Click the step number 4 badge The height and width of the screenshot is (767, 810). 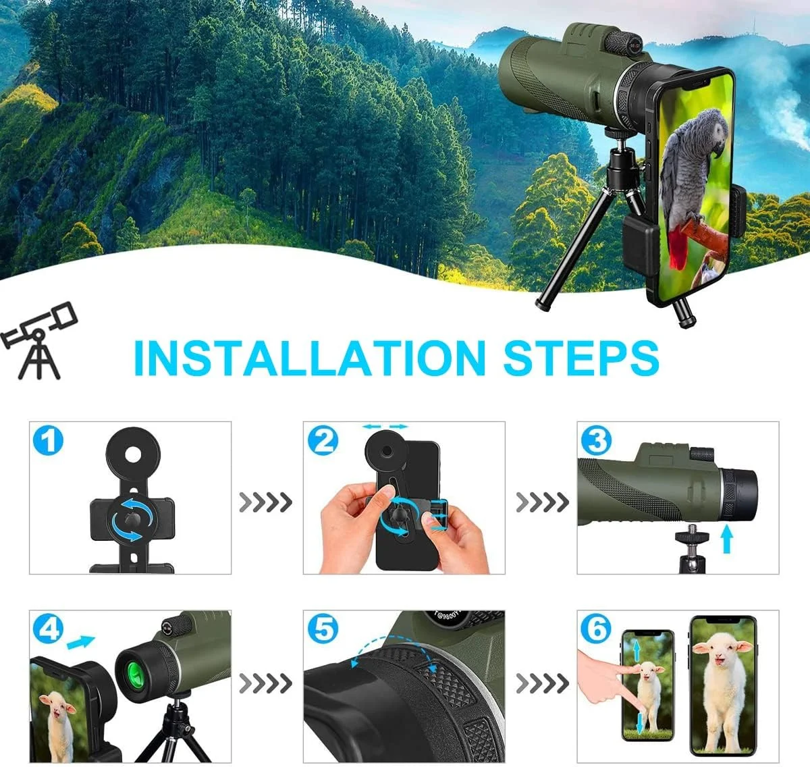point(49,629)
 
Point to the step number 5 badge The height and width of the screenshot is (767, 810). point(323,629)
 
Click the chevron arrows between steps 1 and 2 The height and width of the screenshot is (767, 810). point(266,502)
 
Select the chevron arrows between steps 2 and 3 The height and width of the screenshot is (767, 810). point(542,502)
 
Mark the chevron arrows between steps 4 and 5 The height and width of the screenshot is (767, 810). point(266,683)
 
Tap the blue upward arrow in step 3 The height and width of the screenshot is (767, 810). point(726,539)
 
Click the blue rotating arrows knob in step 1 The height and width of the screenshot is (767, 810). point(128,520)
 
